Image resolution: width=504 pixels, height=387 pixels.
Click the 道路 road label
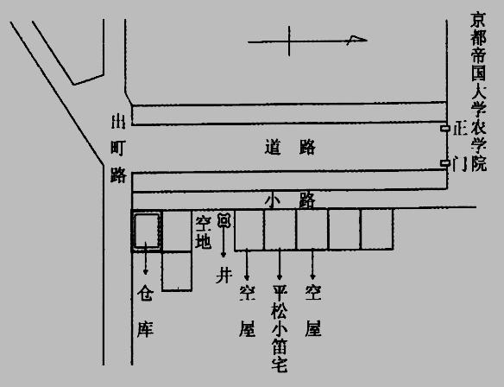(x=290, y=148)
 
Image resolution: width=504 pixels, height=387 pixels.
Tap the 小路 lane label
(x=290, y=201)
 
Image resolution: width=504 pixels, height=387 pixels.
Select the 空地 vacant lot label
(x=204, y=232)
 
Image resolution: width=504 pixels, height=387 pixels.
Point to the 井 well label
(x=224, y=276)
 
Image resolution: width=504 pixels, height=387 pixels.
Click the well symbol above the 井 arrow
(x=224, y=220)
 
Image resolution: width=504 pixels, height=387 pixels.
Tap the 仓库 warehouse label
(x=145, y=311)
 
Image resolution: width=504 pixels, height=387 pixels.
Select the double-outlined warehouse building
(x=147, y=231)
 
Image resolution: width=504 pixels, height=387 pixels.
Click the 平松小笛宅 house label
(x=280, y=328)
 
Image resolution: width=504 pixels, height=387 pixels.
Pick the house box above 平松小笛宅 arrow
(x=280, y=230)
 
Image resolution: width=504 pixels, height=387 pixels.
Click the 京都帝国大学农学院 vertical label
(x=479, y=92)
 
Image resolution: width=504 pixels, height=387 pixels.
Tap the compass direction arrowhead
(x=357, y=40)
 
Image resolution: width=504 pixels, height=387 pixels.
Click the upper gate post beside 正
(x=444, y=129)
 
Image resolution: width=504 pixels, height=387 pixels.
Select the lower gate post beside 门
(x=444, y=163)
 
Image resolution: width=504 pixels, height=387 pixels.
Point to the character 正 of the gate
(x=460, y=129)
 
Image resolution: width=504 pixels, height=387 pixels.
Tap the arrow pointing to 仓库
(x=146, y=258)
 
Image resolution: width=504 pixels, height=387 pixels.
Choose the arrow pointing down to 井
(x=224, y=242)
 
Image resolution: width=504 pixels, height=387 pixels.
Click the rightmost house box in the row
(x=377, y=229)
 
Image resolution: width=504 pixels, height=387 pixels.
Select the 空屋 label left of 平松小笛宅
(x=247, y=311)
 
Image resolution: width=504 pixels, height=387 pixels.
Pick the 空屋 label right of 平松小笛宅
(x=313, y=311)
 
